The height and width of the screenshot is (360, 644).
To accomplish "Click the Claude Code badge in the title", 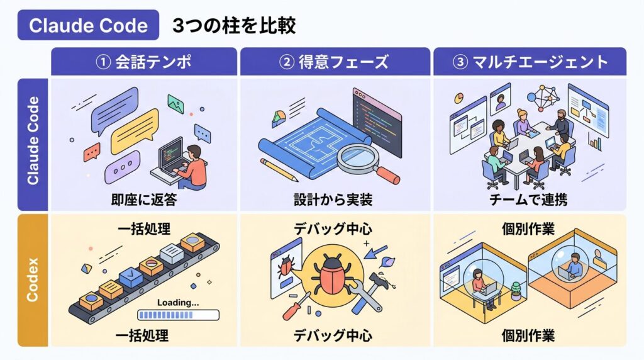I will [88, 25].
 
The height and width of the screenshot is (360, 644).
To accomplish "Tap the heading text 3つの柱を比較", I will [234, 25].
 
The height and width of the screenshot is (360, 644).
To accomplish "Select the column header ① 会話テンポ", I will [143, 62].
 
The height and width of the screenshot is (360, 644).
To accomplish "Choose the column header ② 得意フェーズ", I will [335, 62].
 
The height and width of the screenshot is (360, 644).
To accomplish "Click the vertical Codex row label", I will [33, 279].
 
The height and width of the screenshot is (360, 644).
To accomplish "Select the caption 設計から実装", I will [333, 200].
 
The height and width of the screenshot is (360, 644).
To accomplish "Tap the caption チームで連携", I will [528, 200].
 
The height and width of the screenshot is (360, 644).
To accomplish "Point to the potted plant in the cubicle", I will [516, 289].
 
